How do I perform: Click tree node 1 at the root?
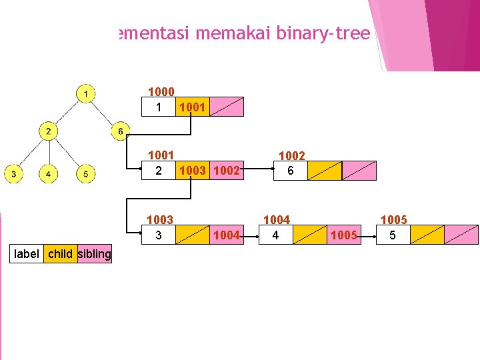(x=85, y=93)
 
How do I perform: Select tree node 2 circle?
(x=49, y=131)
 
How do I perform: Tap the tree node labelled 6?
(x=121, y=131)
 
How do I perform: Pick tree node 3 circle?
(x=13, y=175)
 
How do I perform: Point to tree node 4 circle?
(x=49, y=175)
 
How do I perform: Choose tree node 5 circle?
(x=85, y=175)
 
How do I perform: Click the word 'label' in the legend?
(x=27, y=253)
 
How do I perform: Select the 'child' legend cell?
(x=61, y=253)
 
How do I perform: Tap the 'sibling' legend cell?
(x=95, y=253)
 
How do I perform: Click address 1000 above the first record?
(x=161, y=92)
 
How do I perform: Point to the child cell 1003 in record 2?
(x=192, y=171)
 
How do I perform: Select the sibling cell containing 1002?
(x=227, y=171)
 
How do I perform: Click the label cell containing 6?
(x=291, y=171)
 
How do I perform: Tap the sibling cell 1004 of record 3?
(x=227, y=235)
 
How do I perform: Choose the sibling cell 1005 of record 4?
(x=344, y=235)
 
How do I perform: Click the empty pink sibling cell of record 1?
(x=226, y=107)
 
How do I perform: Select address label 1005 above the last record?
(x=393, y=220)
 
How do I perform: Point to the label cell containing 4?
(x=275, y=235)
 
